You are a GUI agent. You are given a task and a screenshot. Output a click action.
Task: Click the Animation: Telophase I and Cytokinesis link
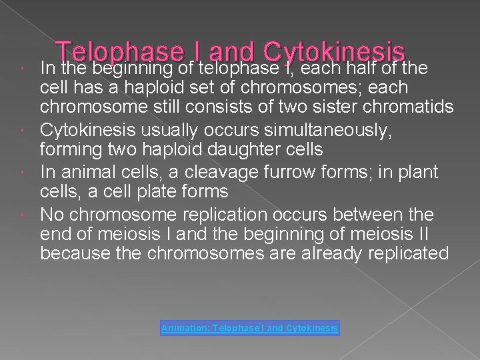coord(250,328)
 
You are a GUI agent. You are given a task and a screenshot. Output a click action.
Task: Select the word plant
coord(419,172)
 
